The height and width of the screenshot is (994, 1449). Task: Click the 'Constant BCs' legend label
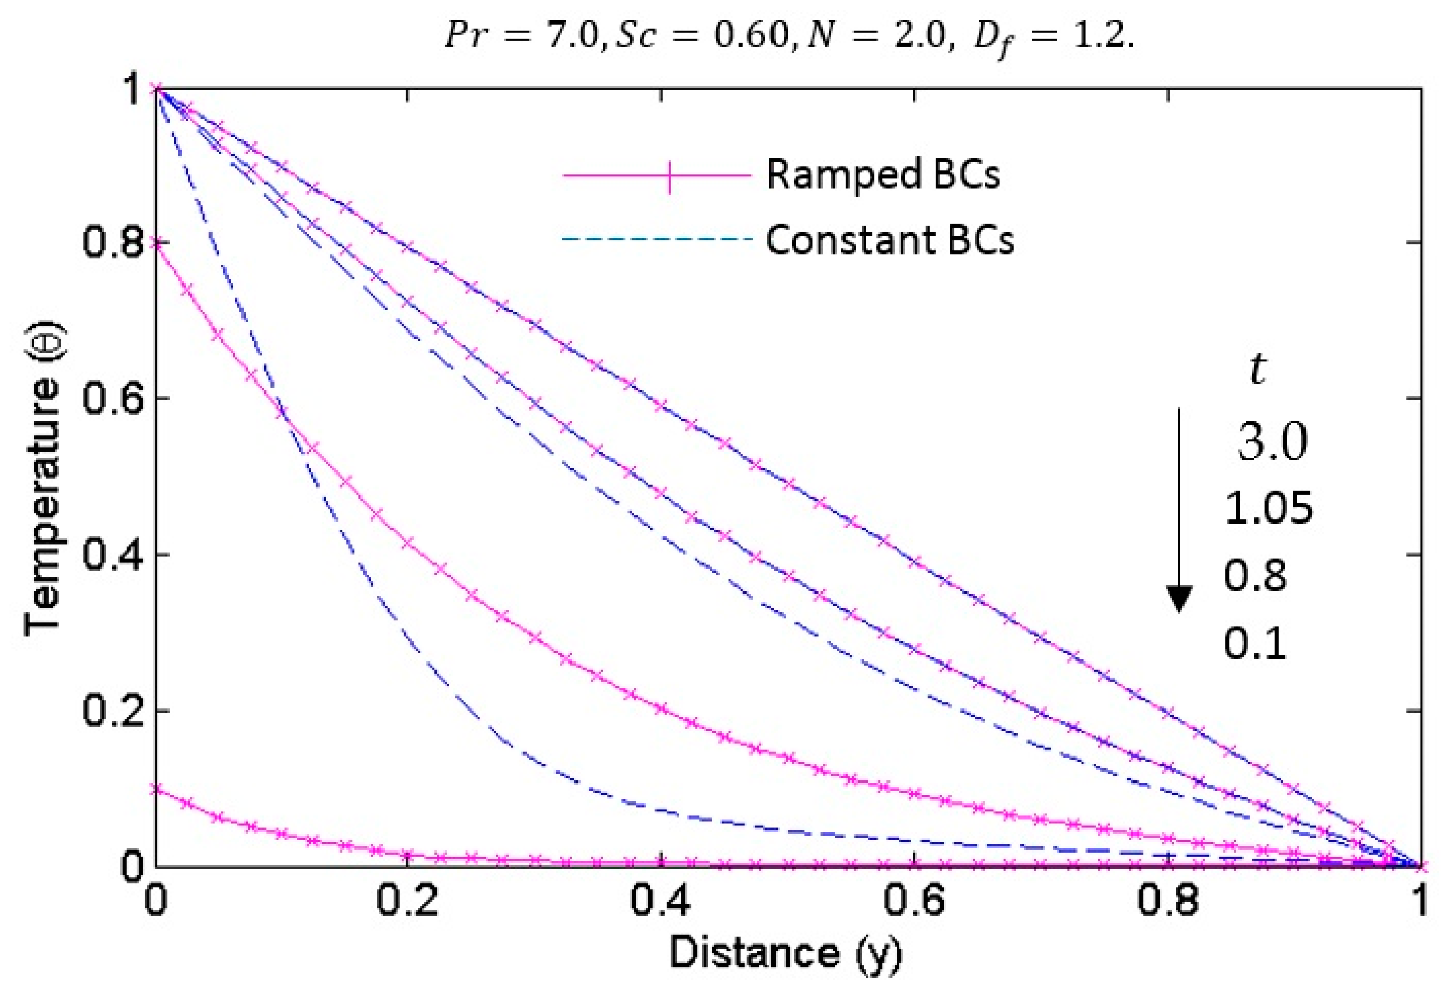click(x=890, y=240)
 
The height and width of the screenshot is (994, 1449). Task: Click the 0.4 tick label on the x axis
click(x=660, y=902)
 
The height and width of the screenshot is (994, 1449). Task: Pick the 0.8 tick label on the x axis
click(x=1168, y=902)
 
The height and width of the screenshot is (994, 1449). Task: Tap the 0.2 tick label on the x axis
click(x=406, y=902)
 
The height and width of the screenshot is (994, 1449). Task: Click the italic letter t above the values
click(x=1258, y=369)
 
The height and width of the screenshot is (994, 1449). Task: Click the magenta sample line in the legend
click(x=657, y=175)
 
